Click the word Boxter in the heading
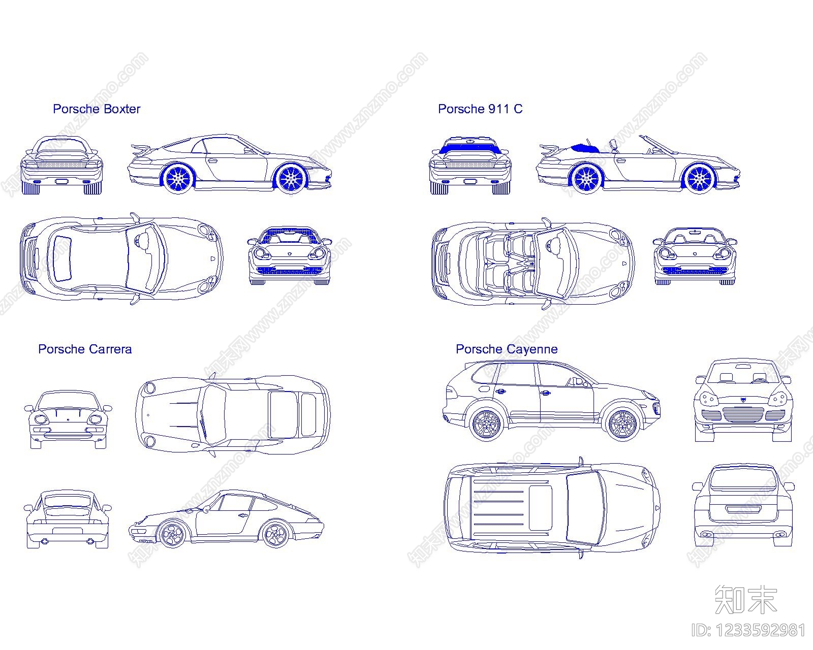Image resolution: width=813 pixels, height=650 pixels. click(x=122, y=109)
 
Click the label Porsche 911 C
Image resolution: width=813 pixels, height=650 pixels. click(x=480, y=109)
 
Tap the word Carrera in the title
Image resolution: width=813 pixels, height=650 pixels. click(x=111, y=349)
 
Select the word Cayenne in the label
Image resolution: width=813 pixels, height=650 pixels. click(x=532, y=349)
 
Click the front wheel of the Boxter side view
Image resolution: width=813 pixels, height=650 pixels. click(x=292, y=179)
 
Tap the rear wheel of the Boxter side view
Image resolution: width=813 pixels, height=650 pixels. click(x=178, y=178)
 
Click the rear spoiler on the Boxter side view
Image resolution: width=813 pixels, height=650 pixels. click(x=141, y=149)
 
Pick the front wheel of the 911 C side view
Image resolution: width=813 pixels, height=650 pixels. click(x=699, y=179)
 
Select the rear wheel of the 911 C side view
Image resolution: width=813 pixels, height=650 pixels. click(x=586, y=179)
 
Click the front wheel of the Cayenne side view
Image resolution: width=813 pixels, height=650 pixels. click(x=622, y=425)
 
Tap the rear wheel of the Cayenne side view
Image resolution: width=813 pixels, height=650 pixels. click(x=486, y=425)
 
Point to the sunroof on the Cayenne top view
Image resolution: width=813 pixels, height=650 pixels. click(x=540, y=508)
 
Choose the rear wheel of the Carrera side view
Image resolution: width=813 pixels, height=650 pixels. click(x=275, y=534)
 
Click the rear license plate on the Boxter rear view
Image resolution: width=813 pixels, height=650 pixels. click(x=61, y=181)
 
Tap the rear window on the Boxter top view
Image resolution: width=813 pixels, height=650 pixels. click(x=62, y=258)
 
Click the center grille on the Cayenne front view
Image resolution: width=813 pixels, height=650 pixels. click(x=743, y=414)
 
